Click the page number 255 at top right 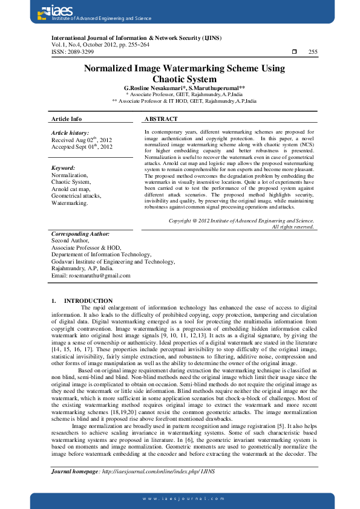[x=312, y=52]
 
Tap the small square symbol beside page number [x=294, y=52]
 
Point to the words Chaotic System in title [x=184, y=79]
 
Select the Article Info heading [x=67, y=119]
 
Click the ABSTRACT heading [x=162, y=119]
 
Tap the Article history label [x=70, y=132]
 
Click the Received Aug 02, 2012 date [x=82, y=140]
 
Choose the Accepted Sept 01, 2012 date [x=82, y=146]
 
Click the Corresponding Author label [x=80, y=233]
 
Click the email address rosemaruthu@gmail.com [x=91, y=275]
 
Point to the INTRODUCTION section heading [x=88, y=300]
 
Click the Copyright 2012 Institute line [x=241, y=221]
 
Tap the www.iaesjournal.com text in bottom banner [x=180, y=498]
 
